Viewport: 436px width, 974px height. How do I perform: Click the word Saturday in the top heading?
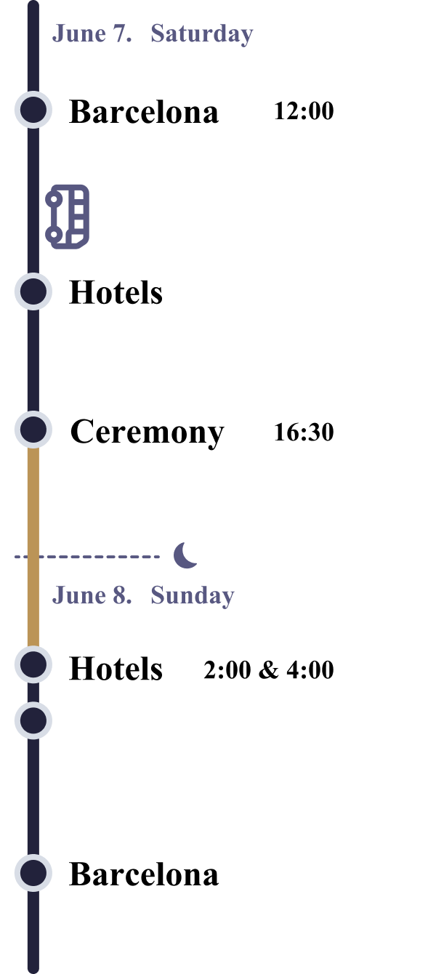click(x=201, y=34)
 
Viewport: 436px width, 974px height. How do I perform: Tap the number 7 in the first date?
click(x=121, y=34)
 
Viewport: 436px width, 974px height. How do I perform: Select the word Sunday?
click(x=192, y=595)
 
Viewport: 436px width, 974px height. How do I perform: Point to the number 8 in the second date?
click(x=121, y=595)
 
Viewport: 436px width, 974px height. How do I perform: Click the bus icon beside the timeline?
click(x=68, y=217)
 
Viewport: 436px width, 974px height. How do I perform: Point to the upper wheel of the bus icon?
click(x=52, y=198)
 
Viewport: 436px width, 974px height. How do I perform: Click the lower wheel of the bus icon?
click(x=52, y=234)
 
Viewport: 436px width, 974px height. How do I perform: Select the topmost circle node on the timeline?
click(x=33, y=110)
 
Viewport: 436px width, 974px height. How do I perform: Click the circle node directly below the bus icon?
click(x=33, y=291)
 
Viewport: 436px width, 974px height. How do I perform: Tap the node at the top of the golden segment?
click(x=33, y=430)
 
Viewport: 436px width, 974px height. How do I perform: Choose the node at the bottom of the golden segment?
click(x=33, y=664)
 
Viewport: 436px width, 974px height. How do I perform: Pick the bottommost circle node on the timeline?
click(x=33, y=872)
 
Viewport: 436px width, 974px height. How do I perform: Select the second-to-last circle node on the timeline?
click(x=33, y=720)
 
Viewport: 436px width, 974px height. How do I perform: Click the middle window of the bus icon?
click(x=78, y=216)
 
